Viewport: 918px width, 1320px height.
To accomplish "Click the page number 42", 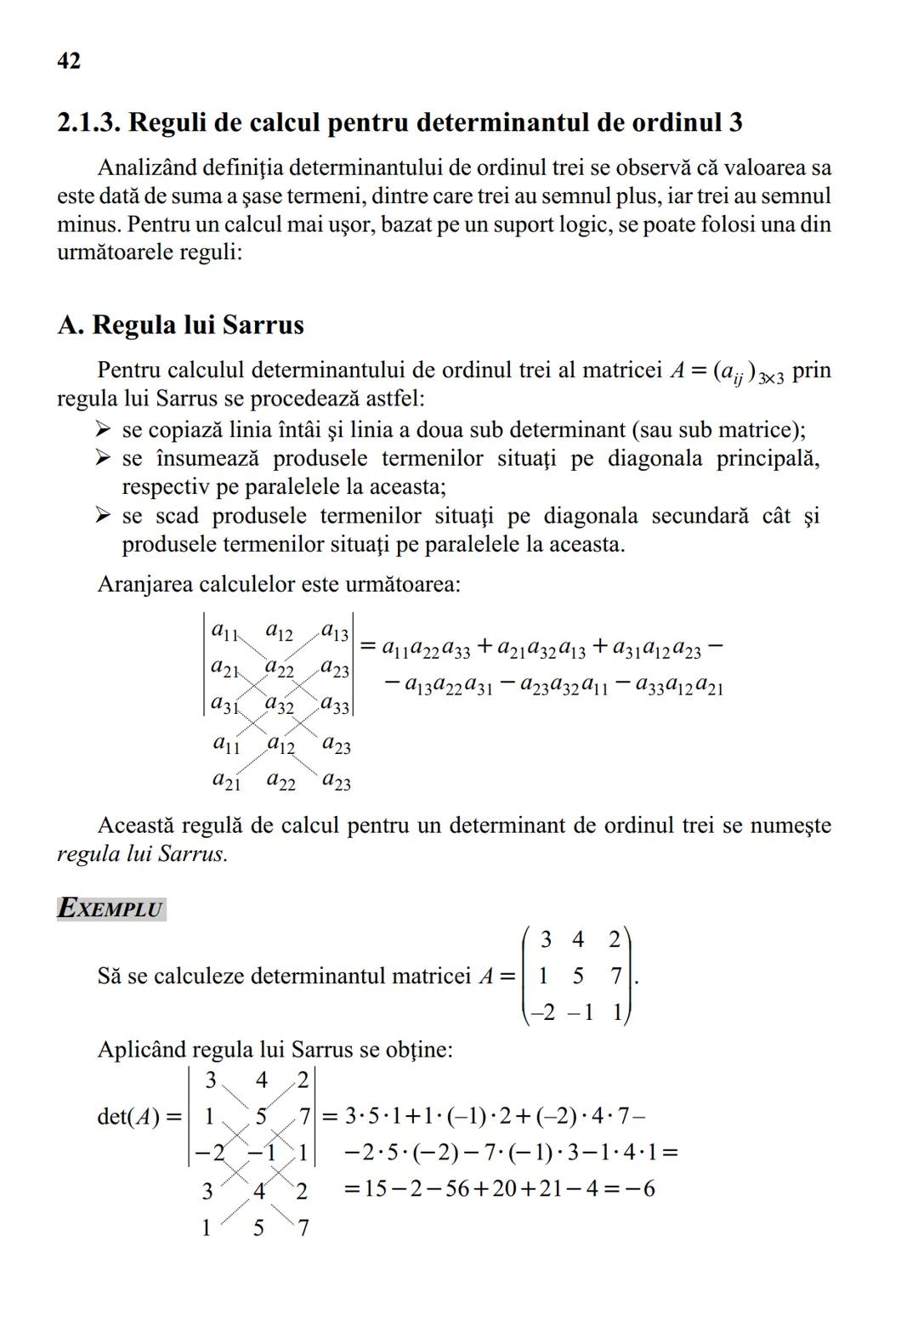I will tap(69, 61).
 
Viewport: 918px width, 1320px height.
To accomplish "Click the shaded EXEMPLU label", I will tap(110, 909).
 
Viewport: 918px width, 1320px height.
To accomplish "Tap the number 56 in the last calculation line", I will tap(457, 1188).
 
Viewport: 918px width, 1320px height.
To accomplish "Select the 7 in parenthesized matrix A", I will tap(616, 976).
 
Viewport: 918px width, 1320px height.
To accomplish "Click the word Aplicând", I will tap(141, 1050).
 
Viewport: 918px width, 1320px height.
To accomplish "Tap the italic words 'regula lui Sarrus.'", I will tap(142, 853).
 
